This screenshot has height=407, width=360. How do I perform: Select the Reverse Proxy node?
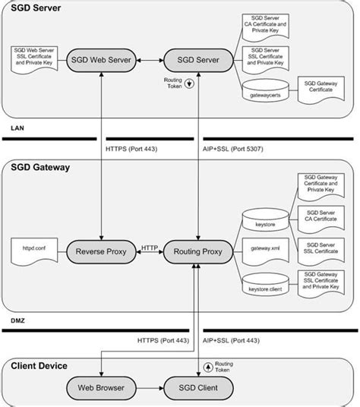(101, 248)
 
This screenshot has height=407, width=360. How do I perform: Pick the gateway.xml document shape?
(264, 249)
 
